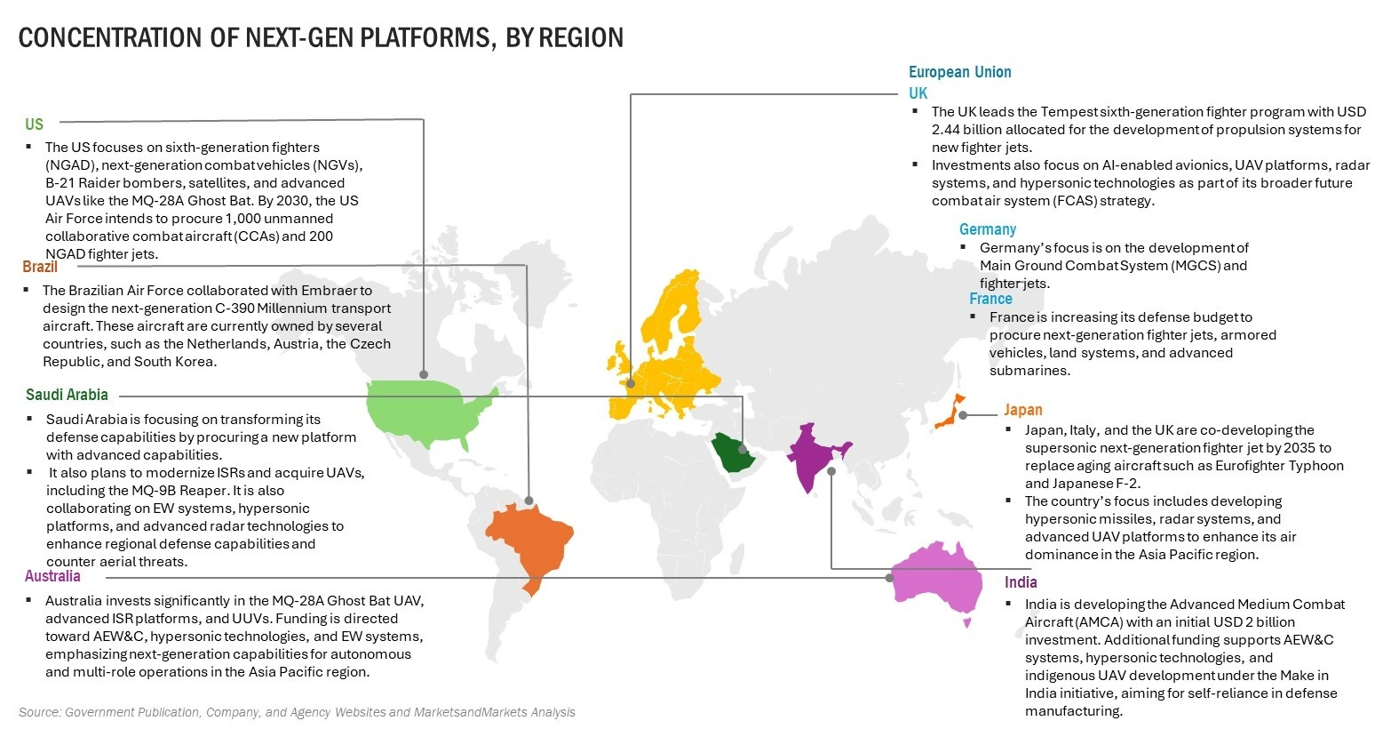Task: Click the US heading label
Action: [x=34, y=124]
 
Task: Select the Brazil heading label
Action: [x=40, y=267]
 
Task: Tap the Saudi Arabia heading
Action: [x=67, y=395]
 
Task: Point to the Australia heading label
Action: [x=52, y=576]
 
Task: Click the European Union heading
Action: [x=959, y=72]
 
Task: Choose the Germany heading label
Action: [x=987, y=229]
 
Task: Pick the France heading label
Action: [x=990, y=299]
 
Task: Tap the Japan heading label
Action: [x=1022, y=410]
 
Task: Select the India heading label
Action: [x=1021, y=582]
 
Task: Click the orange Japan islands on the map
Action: [x=951, y=411]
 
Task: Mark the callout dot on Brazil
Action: [x=530, y=501]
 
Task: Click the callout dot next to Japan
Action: [x=963, y=415]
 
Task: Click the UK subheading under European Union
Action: [x=918, y=93]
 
